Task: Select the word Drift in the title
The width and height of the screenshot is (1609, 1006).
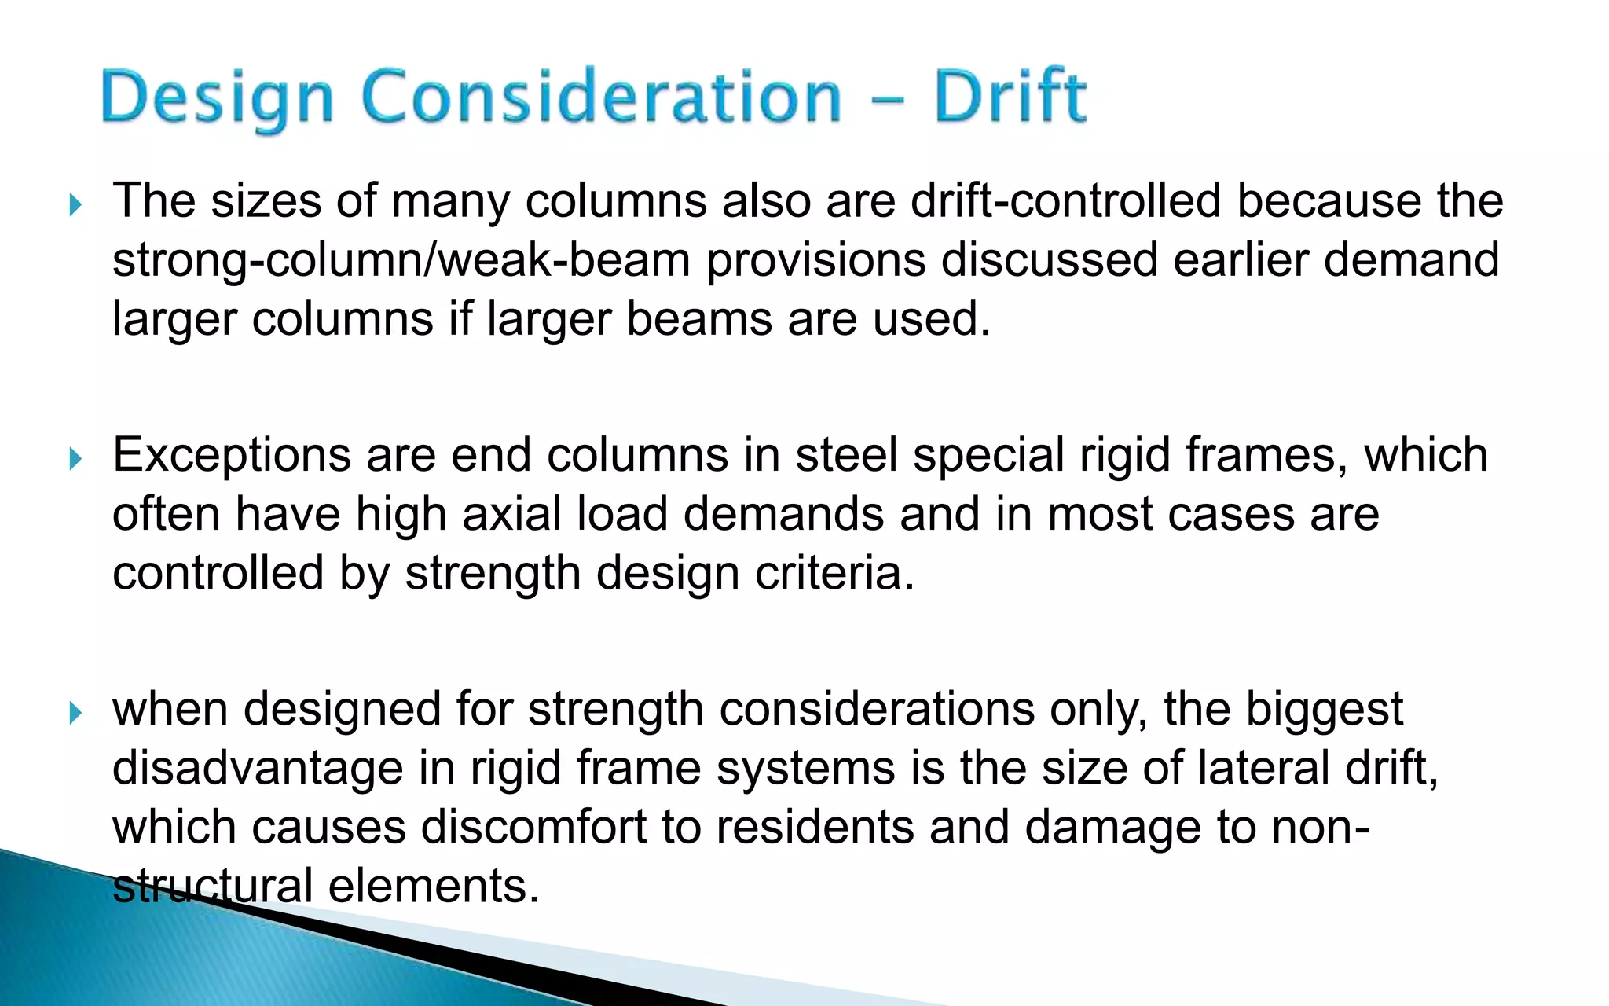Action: (1010, 98)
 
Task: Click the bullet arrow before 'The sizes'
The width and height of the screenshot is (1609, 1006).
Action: (75, 206)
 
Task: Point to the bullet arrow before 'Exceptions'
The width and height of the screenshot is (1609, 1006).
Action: (75, 459)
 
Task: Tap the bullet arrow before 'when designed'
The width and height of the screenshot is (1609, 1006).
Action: (75, 714)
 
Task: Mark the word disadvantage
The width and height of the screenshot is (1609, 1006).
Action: (258, 768)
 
